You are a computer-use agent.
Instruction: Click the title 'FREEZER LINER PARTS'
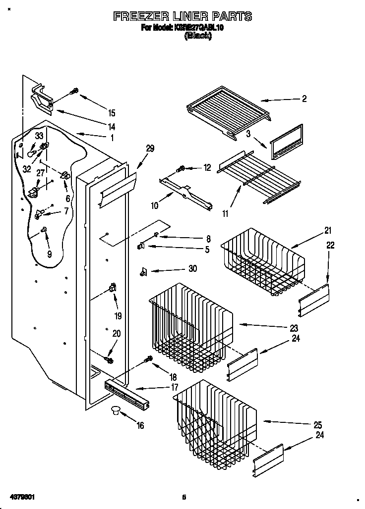click(182, 16)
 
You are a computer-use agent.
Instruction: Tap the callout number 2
click(304, 99)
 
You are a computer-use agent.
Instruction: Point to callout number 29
click(150, 148)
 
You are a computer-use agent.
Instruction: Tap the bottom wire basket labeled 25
click(213, 418)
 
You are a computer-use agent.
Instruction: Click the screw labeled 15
click(75, 92)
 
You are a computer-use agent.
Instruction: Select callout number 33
click(39, 136)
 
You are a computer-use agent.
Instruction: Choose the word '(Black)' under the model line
click(197, 36)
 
